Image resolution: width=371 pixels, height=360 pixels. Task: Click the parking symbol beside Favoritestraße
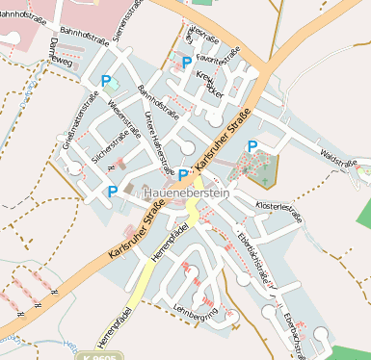[187, 62]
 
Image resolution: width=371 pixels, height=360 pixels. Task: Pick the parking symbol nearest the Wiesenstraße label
[106, 82]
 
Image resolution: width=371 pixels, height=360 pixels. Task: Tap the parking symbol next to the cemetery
[252, 145]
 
